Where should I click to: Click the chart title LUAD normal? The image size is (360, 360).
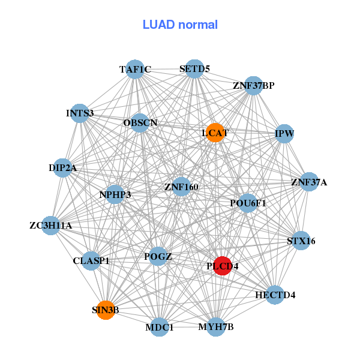point(180,25)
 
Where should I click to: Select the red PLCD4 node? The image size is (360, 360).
point(223,266)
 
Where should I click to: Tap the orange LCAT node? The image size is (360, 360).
point(215,132)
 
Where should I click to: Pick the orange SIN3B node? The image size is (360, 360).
point(106,310)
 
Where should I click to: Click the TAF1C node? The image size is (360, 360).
point(135,70)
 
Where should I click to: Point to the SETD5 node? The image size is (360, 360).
point(194,69)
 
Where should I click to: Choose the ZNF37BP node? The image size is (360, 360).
point(254,86)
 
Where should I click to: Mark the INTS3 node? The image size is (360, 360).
point(80,113)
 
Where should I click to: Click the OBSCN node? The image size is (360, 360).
point(140,123)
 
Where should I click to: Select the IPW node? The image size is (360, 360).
point(284,133)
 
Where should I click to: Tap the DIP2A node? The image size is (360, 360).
point(63,168)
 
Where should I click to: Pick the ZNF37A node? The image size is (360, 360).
point(309,182)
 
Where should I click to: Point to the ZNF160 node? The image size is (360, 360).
point(181,187)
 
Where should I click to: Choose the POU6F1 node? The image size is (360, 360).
point(248,203)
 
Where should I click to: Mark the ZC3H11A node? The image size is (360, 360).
point(51,226)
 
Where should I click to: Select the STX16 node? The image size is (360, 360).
point(301,241)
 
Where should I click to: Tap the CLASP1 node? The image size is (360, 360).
point(91,261)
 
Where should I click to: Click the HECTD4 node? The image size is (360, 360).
point(275,295)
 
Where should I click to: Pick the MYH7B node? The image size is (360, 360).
point(216,327)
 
